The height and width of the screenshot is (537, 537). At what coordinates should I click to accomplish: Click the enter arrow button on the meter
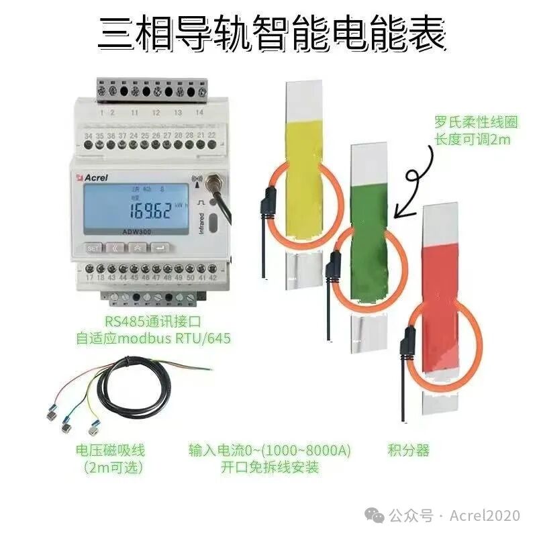[160, 247]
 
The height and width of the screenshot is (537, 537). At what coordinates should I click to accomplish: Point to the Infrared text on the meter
[201, 222]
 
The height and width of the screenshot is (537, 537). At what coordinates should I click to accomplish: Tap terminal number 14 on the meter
[199, 113]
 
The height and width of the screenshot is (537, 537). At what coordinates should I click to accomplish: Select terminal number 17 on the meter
[90, 277]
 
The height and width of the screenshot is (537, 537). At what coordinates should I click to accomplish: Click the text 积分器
[409, 450]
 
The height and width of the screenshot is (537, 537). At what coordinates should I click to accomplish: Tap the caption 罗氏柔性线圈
[466, 123]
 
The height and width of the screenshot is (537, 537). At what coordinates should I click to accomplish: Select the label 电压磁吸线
[110, 450]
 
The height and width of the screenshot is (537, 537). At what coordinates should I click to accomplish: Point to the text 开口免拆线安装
[271, 467]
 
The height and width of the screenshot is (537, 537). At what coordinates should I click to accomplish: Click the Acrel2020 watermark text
[485, 516]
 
